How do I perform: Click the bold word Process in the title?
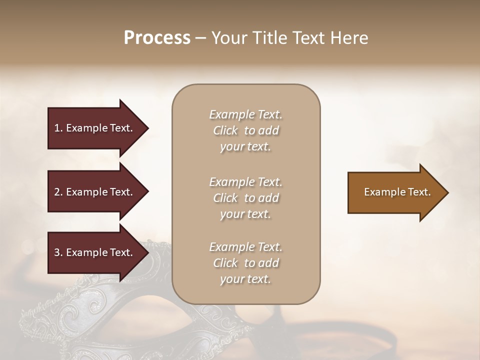pyautogui.click(x=157, y=38)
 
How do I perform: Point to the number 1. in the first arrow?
pyautogui.click(x=58, y=128)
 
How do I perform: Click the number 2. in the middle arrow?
pyautogui.click(x=58, y=192)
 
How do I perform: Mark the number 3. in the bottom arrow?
pyautogui.click(x=58, y=252)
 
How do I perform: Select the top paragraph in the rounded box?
pyautogui.click(x=245, y=130)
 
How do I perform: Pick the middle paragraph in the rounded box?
pyautogui.click(x=245, y=198)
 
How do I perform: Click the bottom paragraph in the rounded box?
pyautogui.click(x=245, y=263)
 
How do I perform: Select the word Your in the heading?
pyautogui.click(x=228, y=38)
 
